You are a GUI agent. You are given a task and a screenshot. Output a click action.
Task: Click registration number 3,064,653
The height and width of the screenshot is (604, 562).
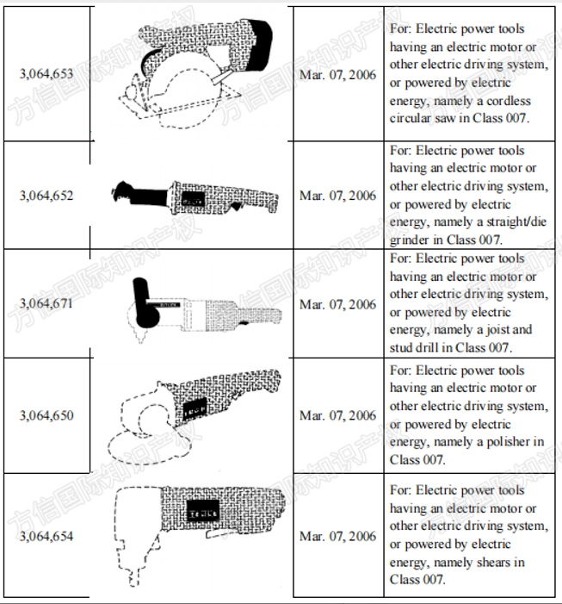click(46, 73)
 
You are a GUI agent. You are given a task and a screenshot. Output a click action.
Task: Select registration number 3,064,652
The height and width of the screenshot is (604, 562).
click(46, 196)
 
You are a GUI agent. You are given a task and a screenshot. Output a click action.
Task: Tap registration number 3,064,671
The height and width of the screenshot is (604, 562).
click(46, 303)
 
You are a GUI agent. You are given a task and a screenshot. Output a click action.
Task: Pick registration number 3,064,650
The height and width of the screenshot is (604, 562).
click(46, 415)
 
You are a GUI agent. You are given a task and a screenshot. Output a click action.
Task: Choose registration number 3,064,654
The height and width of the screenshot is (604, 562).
click(46, 536)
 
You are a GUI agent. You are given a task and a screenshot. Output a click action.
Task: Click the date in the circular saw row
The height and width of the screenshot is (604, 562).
click(337, 75)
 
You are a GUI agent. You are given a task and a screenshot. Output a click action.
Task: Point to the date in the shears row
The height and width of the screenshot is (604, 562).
click(337, 536)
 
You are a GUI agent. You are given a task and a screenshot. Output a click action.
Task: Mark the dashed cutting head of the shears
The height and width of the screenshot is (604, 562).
click(134, 535)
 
